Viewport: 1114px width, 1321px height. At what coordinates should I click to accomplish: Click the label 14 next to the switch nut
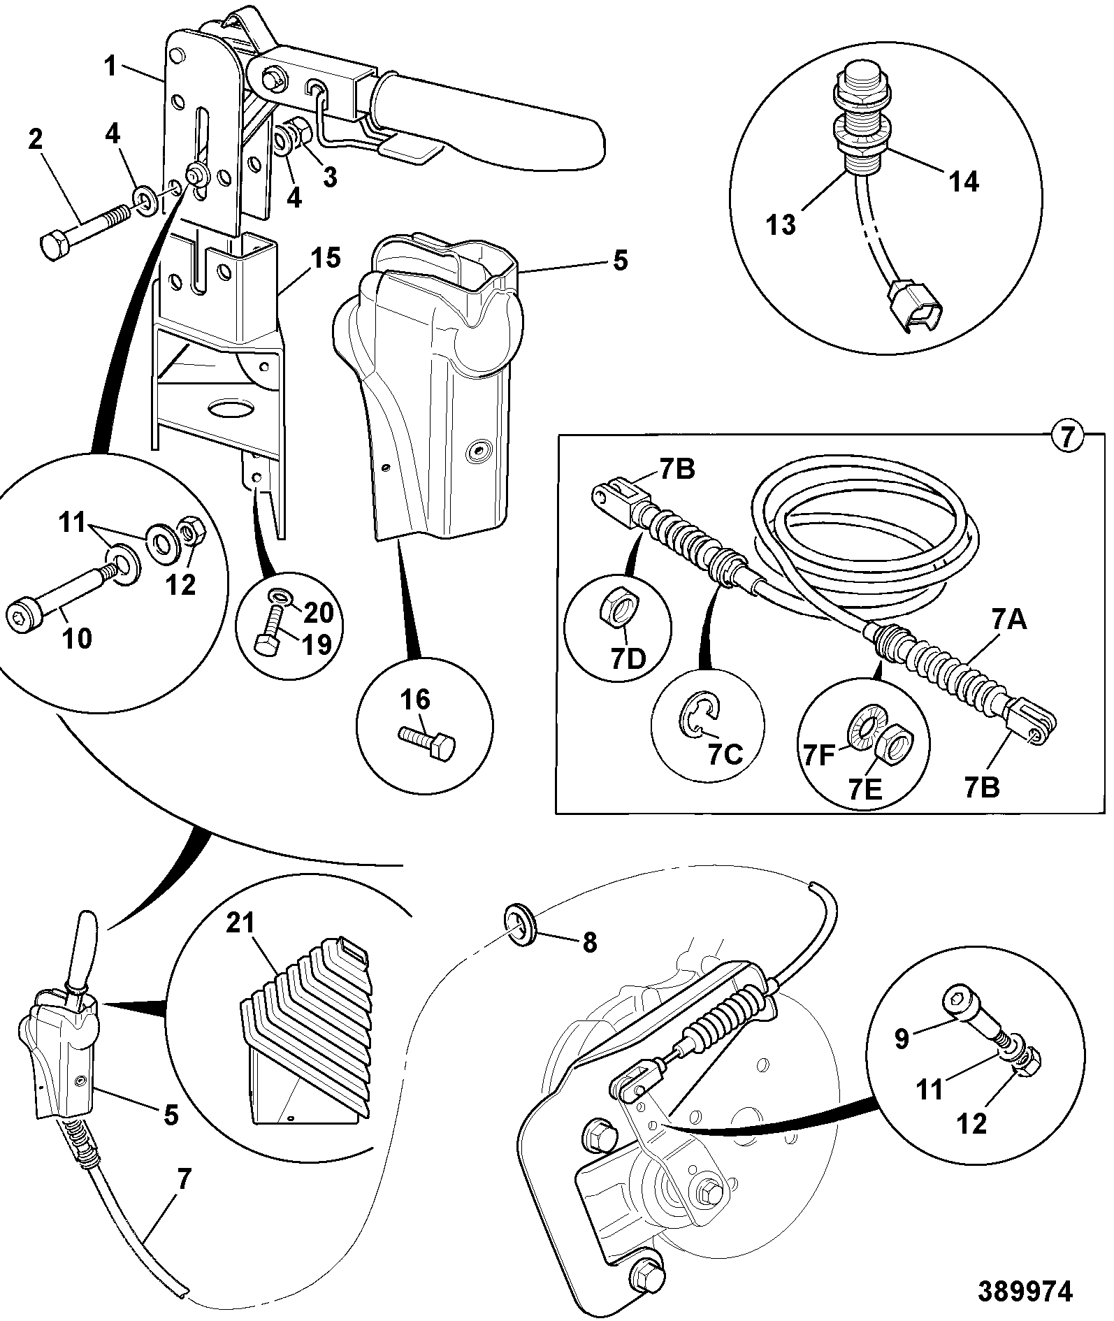(x=962, y=181)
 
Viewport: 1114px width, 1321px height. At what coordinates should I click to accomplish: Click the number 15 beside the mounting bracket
(x=324, y=259)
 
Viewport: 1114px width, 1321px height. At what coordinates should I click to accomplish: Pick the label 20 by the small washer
(x=319, y=613)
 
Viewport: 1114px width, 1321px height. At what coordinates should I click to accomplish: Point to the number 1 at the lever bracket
(x=110, y=67)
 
